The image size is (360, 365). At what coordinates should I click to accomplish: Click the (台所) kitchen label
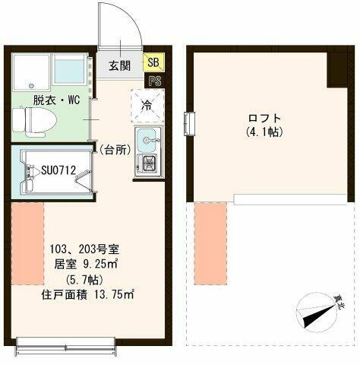pos(114,150)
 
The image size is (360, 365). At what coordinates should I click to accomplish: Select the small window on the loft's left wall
pos(188,122)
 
